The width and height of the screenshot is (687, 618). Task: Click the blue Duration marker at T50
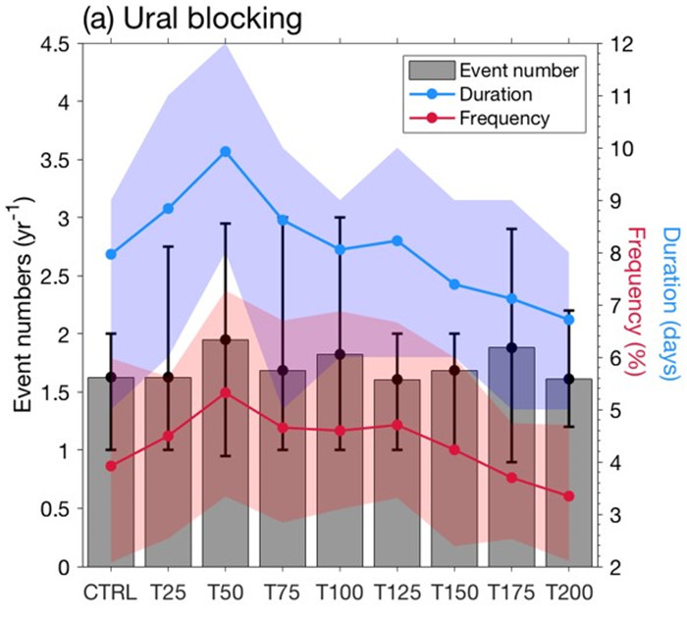pyautogui.click(x=225, y=152)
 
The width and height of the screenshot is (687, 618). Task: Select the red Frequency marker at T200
pyautogui.click(x=568, y=496)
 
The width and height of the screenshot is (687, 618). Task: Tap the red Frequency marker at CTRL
pyautogui.click(x=111, y=466)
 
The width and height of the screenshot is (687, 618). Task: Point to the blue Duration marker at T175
pyautogui.click(x=511, y=299)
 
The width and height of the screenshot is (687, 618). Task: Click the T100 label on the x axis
pyautogui.click(x=340, y=593)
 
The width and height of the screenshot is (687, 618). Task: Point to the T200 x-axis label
pyautogui.click(x=568, y=593)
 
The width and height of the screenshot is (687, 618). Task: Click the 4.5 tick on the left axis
pyautogui.click(x=58, y=44)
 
